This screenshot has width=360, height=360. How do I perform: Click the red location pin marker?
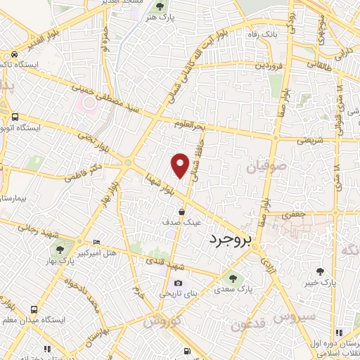(181, 165)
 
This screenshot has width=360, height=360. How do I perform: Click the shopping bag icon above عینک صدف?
(182, 212)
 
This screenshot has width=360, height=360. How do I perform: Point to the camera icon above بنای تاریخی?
(178, 283)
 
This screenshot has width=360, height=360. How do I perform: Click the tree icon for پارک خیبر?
(321, 271)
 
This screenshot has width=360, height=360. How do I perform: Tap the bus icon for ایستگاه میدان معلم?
(34, 309)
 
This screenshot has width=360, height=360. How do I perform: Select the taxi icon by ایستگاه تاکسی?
(13, 56)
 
